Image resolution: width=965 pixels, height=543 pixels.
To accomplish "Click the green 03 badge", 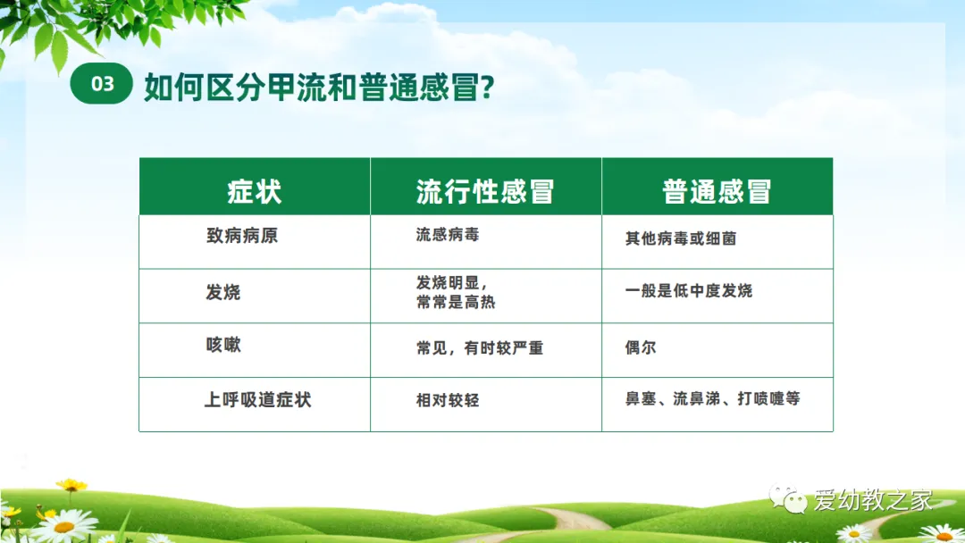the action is point(102,83).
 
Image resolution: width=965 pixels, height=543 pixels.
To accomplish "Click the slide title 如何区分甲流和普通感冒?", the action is point(319,87).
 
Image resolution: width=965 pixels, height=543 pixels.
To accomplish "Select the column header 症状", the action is point(254,191).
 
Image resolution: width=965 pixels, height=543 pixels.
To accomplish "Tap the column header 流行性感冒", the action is point(485,191).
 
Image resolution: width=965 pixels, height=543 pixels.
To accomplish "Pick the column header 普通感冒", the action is point(717,191).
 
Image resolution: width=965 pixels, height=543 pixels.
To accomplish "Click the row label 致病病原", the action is point(242,235).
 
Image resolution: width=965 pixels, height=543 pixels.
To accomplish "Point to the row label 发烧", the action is point(222,291).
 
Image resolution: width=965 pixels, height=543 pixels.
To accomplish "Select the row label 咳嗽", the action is point(223,345).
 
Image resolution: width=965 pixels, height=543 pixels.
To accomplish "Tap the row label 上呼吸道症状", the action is point(258,400).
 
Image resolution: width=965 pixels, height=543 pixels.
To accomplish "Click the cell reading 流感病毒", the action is point(448,234).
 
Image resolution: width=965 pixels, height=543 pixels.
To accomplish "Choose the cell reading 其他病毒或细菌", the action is point(681,238).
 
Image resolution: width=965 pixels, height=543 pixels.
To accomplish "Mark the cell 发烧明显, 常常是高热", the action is point(456,292).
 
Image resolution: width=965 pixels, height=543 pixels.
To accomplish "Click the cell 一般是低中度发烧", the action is point(689,290).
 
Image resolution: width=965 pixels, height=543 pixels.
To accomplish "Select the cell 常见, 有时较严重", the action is point(480,348).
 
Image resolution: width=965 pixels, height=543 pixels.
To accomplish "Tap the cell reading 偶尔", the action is point(641,347).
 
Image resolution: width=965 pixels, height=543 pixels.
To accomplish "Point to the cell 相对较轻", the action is point(448,400).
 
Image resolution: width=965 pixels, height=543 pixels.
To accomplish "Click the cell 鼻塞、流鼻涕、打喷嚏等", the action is point(713,398).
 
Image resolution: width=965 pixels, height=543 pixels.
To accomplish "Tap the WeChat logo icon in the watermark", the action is point(788,498).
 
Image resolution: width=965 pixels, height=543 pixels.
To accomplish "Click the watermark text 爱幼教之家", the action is point(873,500).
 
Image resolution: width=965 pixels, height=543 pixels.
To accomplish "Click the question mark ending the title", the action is point(488,87).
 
